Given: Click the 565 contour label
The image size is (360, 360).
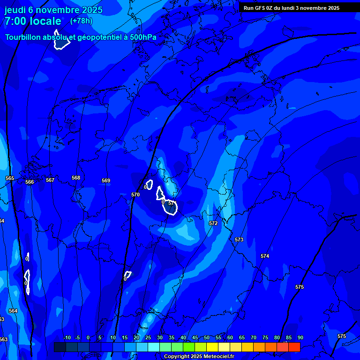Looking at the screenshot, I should point(10,179).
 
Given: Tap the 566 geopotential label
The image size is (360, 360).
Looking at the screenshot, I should point(30,182).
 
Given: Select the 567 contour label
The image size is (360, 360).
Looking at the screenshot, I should point(50,180).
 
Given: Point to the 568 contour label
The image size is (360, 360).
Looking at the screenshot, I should point(76,178).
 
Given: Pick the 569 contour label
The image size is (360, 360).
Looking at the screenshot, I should point(106,180).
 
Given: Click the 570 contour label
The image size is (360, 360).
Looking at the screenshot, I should point(135,195).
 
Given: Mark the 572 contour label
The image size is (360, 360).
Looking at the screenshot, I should point(213,224).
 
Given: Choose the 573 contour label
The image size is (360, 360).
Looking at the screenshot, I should point(239,240).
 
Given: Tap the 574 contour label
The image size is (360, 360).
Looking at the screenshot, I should point(265,256).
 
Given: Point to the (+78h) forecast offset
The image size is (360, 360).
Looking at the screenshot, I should point(81,21).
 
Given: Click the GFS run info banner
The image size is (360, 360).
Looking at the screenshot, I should point(291,8).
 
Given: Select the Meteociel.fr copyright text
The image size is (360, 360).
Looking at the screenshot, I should point(199,357).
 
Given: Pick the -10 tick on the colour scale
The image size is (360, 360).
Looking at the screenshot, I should point(67,338).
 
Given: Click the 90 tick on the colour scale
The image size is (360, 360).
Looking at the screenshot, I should point(300,338).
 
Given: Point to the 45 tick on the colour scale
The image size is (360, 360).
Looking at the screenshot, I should point(195,338).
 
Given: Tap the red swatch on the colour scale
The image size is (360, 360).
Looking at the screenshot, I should point(294,347).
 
